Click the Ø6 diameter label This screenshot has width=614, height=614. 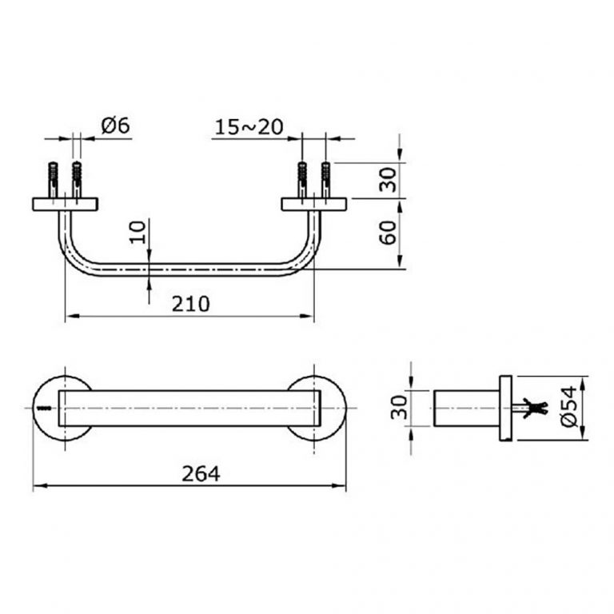(x=116, y=126)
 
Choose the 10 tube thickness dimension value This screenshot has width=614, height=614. (x=138, y=232)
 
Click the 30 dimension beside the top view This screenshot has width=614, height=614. (x=388, y=181)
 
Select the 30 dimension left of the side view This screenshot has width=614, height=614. (x=399, y=409)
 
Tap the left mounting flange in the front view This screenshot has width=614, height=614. (x=64, y=204)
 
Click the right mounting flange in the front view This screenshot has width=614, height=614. (x=313, y=204)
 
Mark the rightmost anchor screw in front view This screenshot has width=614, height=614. (x=325, y=179)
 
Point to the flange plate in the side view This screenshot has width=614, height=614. (x=504, y=409)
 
